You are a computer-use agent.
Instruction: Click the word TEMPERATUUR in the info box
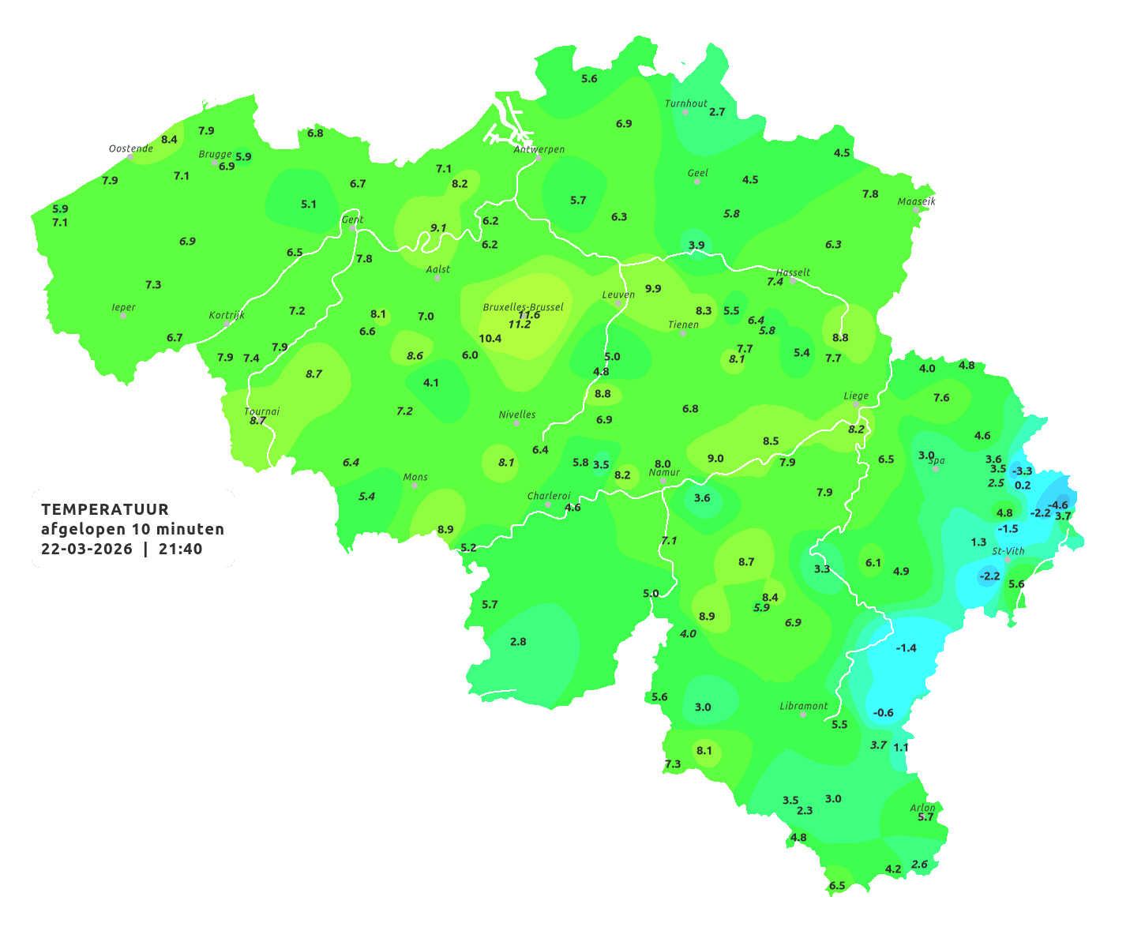coord(105,509)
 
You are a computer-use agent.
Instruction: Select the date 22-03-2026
coord(87,549)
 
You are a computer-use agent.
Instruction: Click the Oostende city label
coord(130,148)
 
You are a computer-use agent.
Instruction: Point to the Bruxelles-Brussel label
coord(523,306)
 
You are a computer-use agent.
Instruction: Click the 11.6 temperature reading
coord(529,315)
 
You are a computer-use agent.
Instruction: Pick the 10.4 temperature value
coord(490,339)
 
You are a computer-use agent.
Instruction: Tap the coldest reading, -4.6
coord(1057,505)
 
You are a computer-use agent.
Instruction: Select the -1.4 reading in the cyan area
coord(906,648)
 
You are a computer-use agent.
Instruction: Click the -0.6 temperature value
coord(883,713)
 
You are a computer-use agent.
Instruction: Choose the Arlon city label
coord(922,808)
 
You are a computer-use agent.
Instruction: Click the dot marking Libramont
coord(803,714)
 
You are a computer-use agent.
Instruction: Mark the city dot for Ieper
coord(123,315)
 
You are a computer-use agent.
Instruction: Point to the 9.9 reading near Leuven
coord(653,289)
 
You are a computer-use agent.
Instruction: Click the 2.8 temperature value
coord(518,642)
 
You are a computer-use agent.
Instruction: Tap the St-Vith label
coord(1008,551)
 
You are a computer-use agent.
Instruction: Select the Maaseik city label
coord(916,201)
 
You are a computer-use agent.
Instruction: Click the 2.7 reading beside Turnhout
coord(717,112)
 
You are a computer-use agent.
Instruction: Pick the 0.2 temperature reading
coord(1023,486)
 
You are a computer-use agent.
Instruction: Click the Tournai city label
coord(262,411)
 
